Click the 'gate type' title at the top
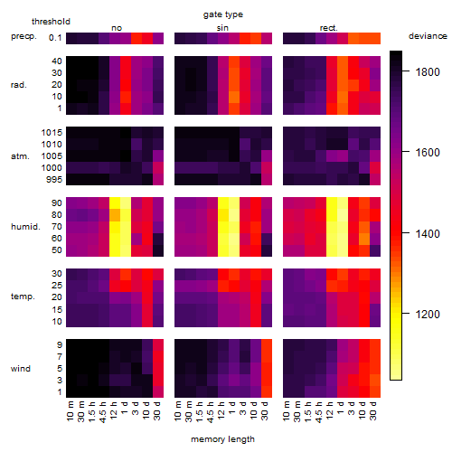223,14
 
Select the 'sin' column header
222,28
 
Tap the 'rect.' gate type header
328,28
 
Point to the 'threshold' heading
51,22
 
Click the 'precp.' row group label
24,36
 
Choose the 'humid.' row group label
25,226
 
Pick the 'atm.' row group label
20,156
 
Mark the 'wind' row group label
21,369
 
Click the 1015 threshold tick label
52,133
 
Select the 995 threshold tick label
54,180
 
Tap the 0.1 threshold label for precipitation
55,38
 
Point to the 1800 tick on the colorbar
428,71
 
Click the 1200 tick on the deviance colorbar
428,315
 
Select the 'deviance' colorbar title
428,36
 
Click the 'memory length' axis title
223,439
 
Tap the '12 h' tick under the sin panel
221,410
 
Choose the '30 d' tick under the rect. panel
373,410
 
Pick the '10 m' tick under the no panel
70,411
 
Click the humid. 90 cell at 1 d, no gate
126,203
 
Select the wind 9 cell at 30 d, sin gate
267,345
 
